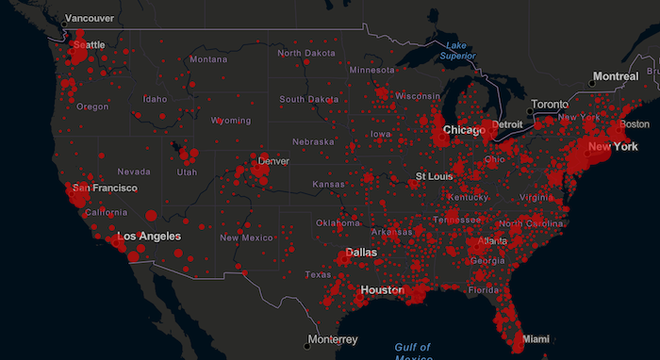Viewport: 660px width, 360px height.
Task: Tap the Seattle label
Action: pos(90,45)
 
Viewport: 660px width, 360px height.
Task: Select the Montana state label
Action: pos(207,59)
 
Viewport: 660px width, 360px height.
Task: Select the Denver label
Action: pos(273,161)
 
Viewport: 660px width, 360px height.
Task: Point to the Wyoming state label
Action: pos(231,121)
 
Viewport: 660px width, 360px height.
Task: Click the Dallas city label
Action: pos(361,253)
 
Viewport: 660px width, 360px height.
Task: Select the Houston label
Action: pos(381,290)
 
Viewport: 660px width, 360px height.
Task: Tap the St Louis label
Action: pos(435,176)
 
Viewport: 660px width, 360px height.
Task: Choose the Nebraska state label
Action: pos(313,141)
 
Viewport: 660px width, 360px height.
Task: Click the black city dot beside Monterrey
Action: pos(307,339)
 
